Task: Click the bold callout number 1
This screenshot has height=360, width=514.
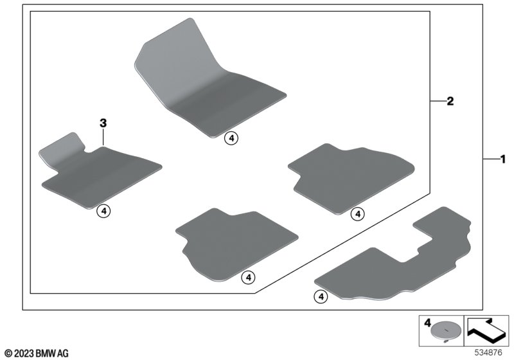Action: [502, 159]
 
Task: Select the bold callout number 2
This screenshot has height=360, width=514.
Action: [450, 102]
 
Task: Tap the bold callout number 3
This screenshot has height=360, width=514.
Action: [103, 123]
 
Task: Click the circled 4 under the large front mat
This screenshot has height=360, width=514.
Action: [231, 139]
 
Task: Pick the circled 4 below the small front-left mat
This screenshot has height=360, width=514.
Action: [103, 211]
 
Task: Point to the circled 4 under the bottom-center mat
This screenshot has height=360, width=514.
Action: [249, 278]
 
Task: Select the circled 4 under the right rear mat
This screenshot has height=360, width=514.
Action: [358, 214]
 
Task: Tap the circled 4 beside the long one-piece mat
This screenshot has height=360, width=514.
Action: [321, 297]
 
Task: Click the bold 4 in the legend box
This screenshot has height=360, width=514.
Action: [427, 323]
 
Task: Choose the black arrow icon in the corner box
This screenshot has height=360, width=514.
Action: [486, 330]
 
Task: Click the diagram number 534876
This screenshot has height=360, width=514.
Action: [488, 353]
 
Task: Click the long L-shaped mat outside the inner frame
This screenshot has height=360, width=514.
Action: [393, 259]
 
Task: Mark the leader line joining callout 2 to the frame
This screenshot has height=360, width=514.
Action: [438, 102]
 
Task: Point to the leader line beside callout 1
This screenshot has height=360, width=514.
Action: [491, 159]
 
